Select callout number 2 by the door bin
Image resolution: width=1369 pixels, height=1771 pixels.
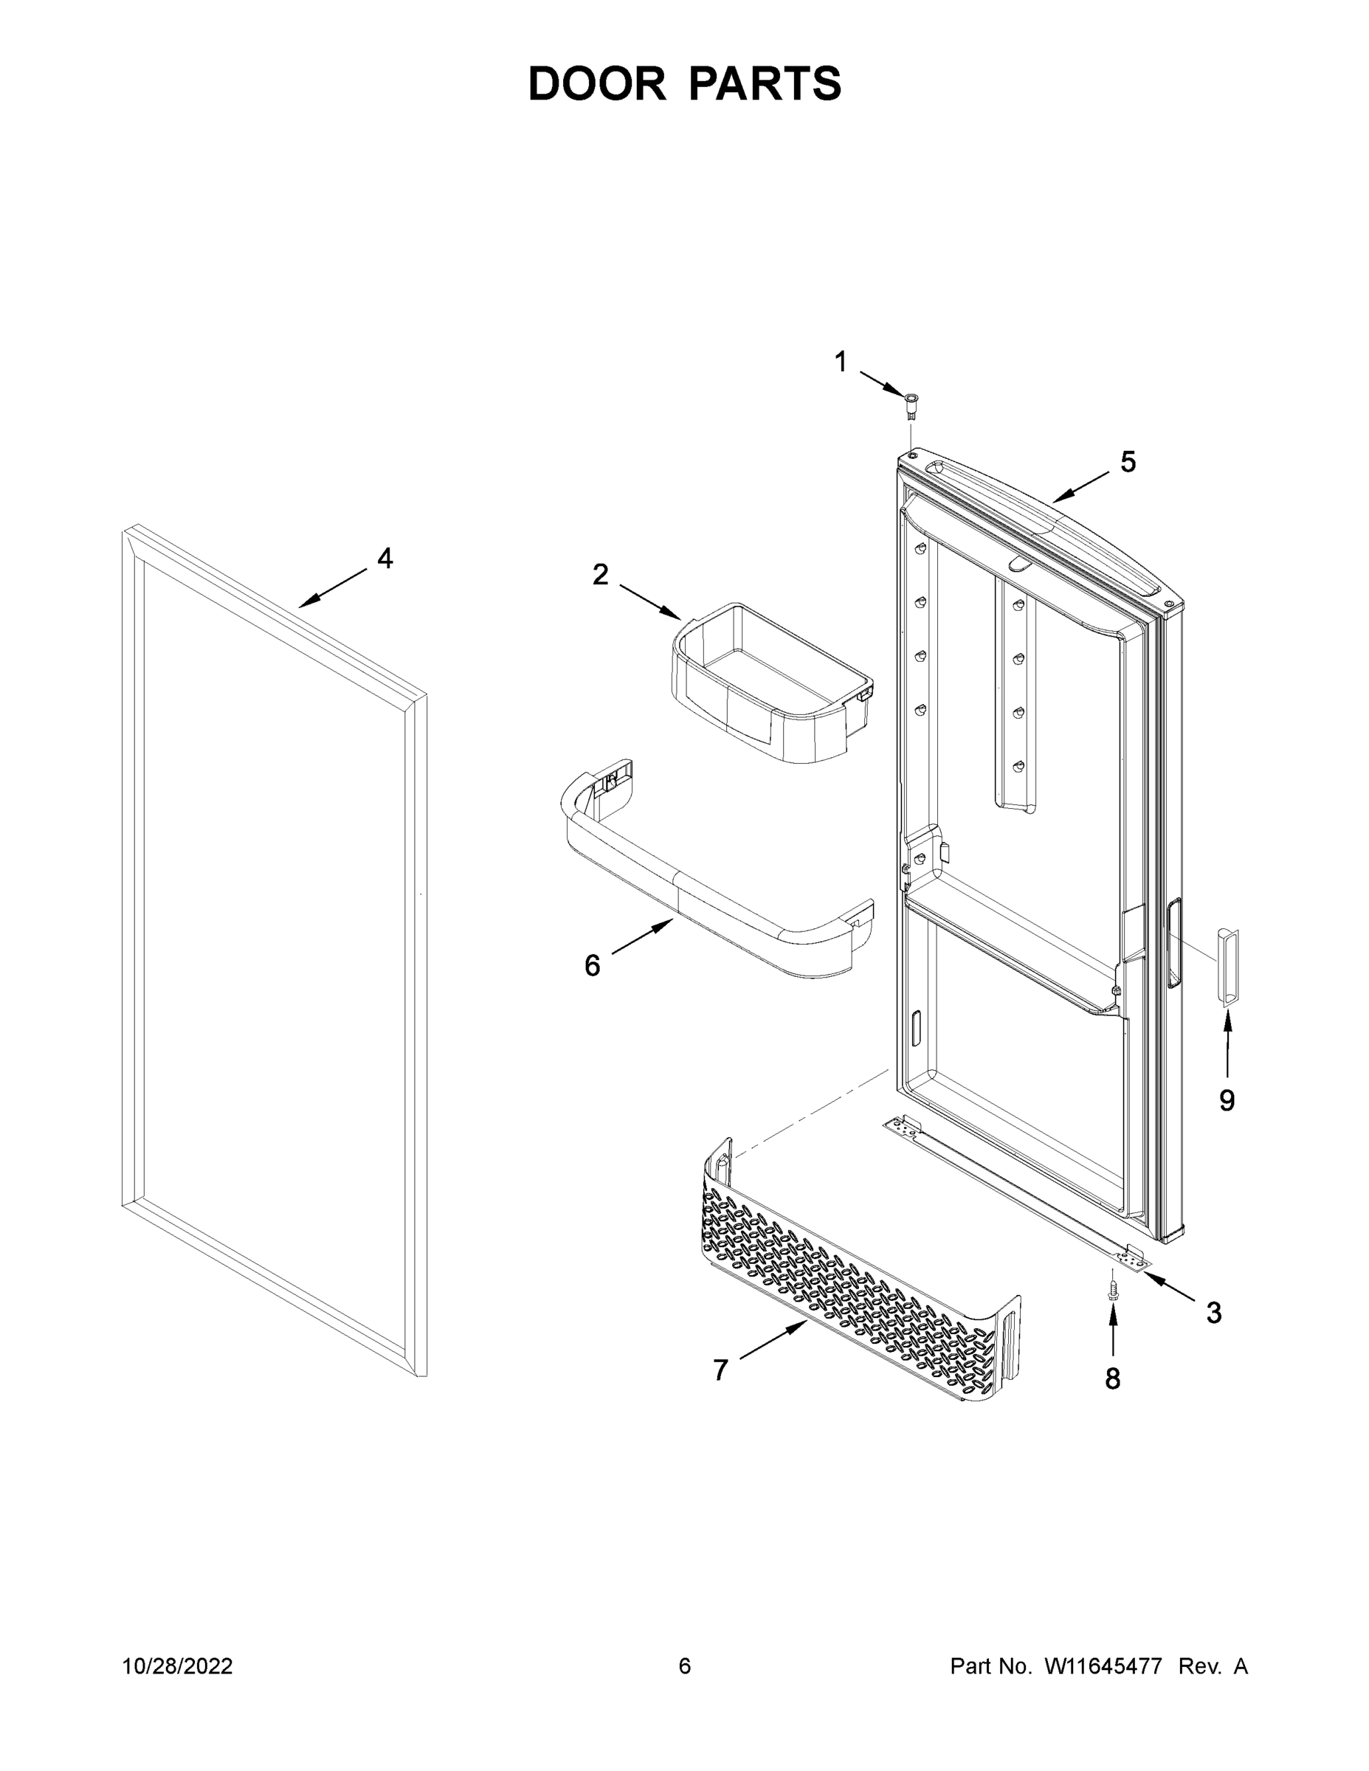click(x=600, y=574)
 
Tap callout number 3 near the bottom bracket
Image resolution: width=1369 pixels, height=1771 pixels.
click(x=1213, y=1312)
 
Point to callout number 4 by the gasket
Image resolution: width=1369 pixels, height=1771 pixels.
click(x=385, y=558)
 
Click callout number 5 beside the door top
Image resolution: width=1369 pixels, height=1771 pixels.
click(x=1128, y=461)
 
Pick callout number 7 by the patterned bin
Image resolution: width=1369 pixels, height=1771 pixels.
click(x=720, y=1370)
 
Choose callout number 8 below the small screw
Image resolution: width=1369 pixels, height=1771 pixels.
click(x=1113, y=1378)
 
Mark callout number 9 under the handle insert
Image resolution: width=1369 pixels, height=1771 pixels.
click(x=1227, y=1100)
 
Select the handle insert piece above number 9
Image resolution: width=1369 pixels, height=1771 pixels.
click(x=1227, y=967)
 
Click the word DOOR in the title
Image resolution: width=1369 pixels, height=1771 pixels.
click(x=597, y=83)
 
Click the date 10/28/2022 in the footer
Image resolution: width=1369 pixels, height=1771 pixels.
click(x=178, y=1665)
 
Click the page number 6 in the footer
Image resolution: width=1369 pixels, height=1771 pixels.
click(x=685, y=1665)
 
